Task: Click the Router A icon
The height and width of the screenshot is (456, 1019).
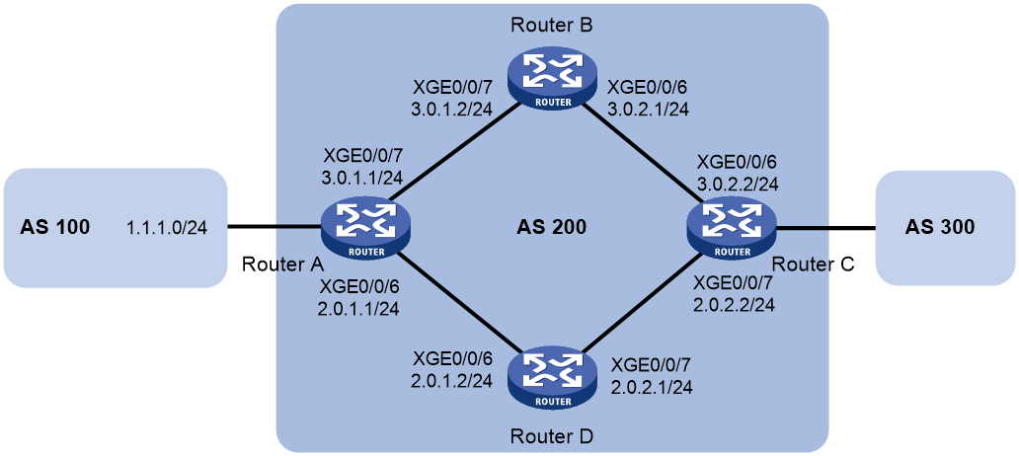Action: pos(366,227)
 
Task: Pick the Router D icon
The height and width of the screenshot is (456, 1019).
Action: pos(551,377)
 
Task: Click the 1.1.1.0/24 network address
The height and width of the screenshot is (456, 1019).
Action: pos(168,228)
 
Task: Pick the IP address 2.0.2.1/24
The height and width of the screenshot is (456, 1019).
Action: pos(651,387)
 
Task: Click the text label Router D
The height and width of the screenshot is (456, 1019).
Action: pos(551,436)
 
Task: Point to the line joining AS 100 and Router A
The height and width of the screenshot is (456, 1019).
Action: pos(274,227)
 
